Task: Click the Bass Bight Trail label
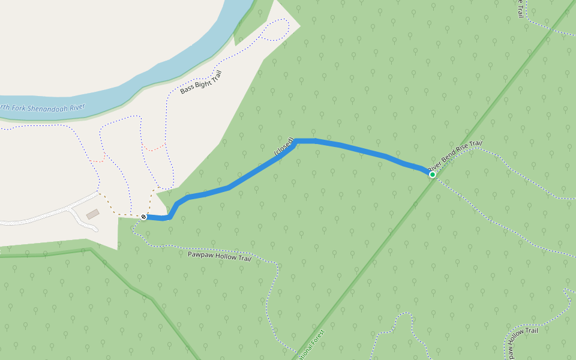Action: (197, 82)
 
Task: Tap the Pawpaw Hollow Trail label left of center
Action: (219, 255)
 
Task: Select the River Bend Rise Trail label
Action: (455, 155)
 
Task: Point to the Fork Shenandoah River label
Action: (42, 110)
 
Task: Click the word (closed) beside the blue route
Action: (284, 148)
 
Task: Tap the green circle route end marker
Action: (432, 174)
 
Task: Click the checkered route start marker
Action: (144, 217)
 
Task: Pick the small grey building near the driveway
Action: (92, 214)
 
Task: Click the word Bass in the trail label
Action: (186, 89)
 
